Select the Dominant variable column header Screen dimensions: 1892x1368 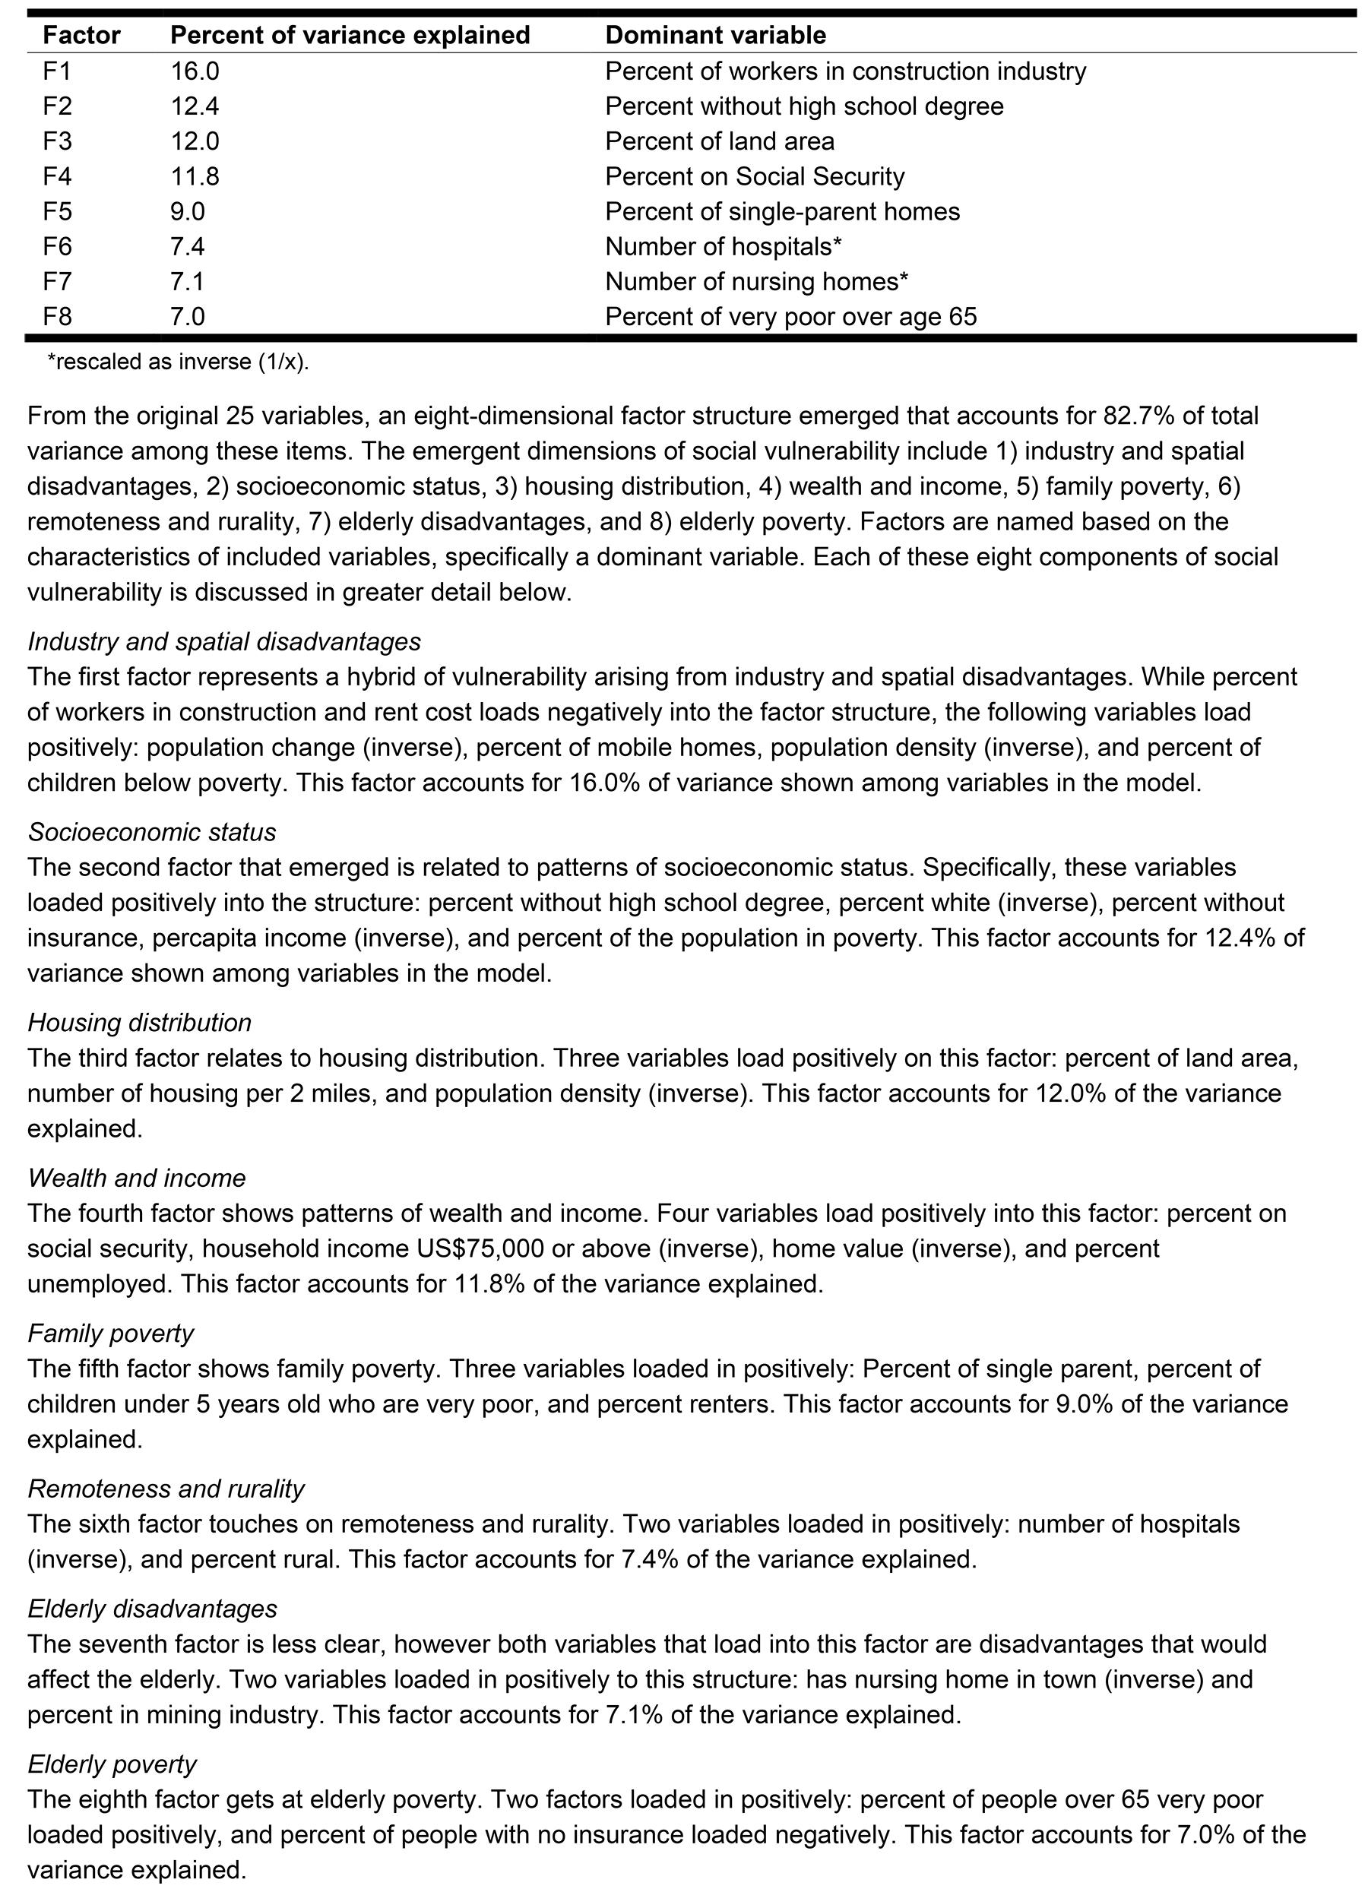715,35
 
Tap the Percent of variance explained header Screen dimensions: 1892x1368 350,35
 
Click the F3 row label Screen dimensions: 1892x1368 57,141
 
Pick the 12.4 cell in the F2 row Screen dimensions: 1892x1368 195,106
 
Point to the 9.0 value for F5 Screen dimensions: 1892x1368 188,211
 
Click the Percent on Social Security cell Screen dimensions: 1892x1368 754,176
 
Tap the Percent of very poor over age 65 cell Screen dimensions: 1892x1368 790,317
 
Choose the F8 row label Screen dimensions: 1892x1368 57,317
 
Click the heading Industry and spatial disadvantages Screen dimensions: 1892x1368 223,641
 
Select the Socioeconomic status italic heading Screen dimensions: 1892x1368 152,832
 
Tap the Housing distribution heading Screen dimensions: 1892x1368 139,1023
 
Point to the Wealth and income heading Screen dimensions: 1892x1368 137,1178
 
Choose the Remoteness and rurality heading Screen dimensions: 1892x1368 166,1489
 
